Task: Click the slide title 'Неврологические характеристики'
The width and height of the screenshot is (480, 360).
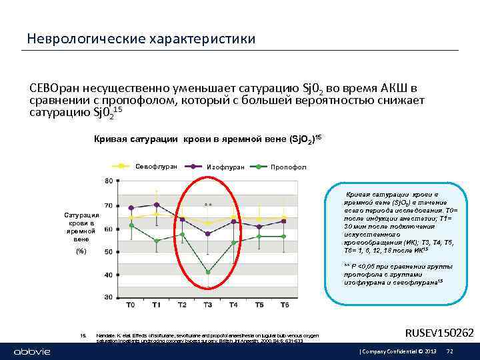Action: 141,39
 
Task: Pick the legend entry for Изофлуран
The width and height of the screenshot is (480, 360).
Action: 226,166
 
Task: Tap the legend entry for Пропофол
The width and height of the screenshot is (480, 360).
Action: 288,166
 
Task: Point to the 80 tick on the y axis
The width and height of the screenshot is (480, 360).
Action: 107,181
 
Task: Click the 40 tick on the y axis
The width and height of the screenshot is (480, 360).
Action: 107,275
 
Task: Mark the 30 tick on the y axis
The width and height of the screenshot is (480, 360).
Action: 107,297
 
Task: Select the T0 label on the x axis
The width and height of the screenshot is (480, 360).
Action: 131,305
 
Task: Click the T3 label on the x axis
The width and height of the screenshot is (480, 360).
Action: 208,305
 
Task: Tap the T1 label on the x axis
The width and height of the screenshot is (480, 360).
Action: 156,305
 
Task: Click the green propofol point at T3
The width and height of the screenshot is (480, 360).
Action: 208,272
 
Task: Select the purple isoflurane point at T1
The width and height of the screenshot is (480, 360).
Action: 157,205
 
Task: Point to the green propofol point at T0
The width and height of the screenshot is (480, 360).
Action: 131,225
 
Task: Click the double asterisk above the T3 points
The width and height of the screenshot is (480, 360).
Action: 208,204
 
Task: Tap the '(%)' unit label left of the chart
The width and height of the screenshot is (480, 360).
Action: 81,251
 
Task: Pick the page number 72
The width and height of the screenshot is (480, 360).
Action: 449,351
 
